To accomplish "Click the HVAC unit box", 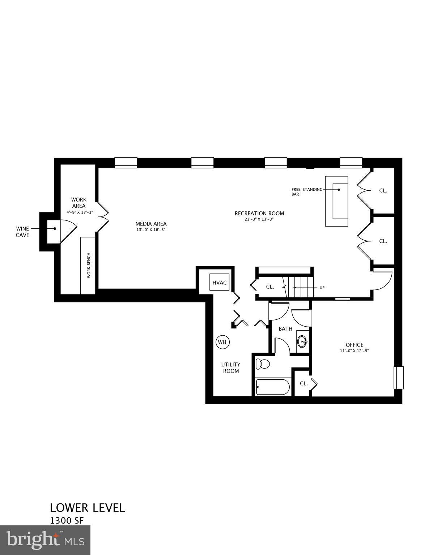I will (x=220, y=282).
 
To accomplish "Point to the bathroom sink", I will (x=302, y=341).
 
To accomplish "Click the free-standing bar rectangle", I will (x=336, y=201).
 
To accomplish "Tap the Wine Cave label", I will (x=22, y=232).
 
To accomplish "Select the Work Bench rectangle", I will (x=88, y=265).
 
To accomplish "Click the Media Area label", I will (x=151, y=224).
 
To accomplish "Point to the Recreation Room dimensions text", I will (x=259, y=219).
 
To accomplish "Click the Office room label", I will (x=354, y=345).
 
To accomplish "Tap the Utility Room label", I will (x=231, y=367).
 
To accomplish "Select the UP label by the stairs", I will (x=322, y=288).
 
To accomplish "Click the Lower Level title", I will (x=88, y=508).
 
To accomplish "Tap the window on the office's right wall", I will (x=398, y=378).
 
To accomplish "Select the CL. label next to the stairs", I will (x=270, y=287).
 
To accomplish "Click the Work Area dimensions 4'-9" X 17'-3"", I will (x=78, y=212).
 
